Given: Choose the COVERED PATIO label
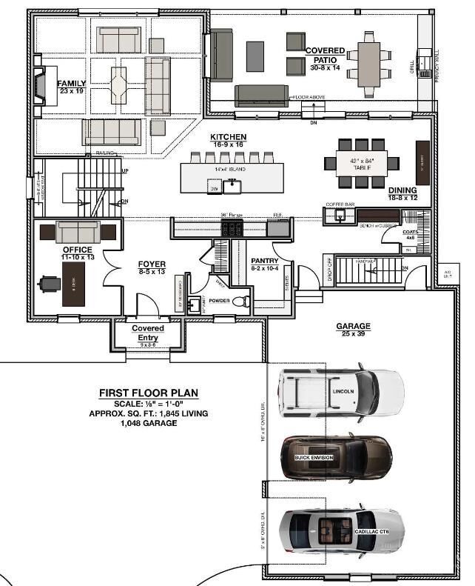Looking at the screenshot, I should (325, 55).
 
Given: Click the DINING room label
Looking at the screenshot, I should (402, 190).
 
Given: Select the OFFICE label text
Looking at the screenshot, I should (78, 250).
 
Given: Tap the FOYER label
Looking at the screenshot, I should (152, 264).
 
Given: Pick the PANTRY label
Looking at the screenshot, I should (263, 261).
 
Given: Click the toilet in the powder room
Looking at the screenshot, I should (241, 302).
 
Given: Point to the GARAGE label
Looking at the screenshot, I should (353, 326).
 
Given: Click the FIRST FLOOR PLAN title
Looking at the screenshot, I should (148, 393).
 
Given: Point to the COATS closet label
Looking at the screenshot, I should (411, 232).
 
